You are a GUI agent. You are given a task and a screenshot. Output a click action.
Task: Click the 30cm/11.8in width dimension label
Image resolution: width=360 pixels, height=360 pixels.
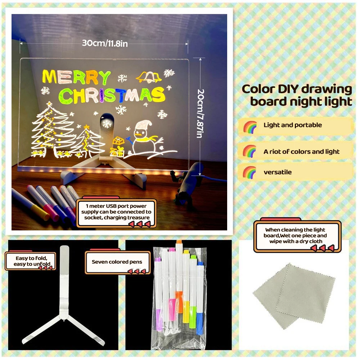point(105,43)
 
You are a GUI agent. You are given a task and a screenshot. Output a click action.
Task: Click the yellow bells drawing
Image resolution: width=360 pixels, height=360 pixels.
point(149,77)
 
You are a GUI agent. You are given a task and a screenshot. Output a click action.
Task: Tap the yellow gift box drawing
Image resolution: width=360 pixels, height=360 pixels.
point(118,146)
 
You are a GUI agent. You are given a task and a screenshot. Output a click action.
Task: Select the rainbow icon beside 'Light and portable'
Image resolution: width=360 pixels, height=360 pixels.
point(249,126)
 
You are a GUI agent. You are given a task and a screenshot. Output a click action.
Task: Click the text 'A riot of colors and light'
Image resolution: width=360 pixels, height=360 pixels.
point(301,152)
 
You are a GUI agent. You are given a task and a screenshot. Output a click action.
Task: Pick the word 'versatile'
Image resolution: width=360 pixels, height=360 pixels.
point(278,172)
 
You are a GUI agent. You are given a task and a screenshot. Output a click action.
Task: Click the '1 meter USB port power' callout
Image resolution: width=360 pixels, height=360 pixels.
point(118,212)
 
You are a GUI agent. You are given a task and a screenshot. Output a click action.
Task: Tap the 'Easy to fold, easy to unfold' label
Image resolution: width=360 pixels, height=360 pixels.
point(31,261)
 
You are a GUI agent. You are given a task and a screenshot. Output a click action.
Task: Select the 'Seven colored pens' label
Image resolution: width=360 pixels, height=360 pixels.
point(117,262)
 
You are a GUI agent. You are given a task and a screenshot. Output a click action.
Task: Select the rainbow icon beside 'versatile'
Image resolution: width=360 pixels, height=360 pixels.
point(249,172)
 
